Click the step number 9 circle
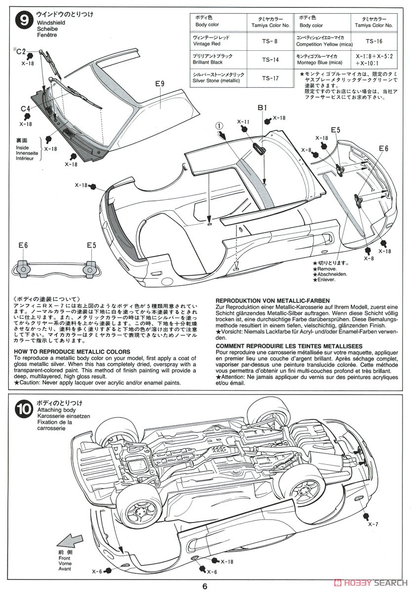pos(23,22)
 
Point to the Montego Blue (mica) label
pos(319,63)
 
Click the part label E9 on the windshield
pos(159,84)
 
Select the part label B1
pos(261,108)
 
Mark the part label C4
pos(26,109)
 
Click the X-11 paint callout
pos(243,121)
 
